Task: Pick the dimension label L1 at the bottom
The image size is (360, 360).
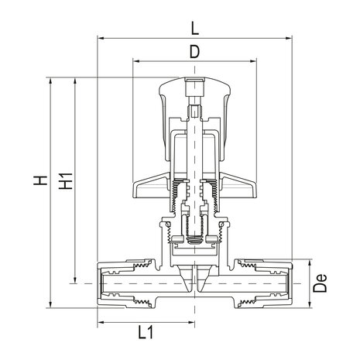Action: [x=144, y=333]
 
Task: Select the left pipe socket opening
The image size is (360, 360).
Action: [x=102, y=284]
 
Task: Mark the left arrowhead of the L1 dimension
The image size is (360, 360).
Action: [x=101, y=320]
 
